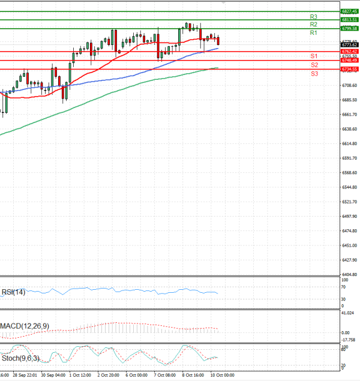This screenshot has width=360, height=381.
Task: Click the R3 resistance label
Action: click(x=313, y=16)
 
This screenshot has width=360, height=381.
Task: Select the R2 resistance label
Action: click(x=313, y=25)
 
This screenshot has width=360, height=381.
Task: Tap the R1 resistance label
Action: click(x=313, y=33)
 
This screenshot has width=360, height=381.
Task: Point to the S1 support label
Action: click(x=314, y=56)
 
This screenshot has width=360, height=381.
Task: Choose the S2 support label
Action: click(x=314, y=64)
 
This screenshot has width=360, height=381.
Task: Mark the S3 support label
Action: click(x=314, y=73)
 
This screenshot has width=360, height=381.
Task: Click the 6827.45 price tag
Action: click(x=349, y=11)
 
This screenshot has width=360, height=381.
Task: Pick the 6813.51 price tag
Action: click(x=349, y=20)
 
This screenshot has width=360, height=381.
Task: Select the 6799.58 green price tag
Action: click(x=349, y=28)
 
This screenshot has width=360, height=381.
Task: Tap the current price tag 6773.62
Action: click(x=349, y=44)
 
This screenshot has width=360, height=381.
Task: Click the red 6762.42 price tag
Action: click(x=349, y=52)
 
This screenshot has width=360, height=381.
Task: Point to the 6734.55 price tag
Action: click(x=349, y=69)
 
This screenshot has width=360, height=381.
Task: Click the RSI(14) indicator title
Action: click(x=13, y=292)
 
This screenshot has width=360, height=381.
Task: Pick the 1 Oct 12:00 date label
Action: click(x=80, y=374)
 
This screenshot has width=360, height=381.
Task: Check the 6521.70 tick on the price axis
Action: click(x=349, y=202)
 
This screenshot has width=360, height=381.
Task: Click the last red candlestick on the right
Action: click(x=218, y=40)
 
